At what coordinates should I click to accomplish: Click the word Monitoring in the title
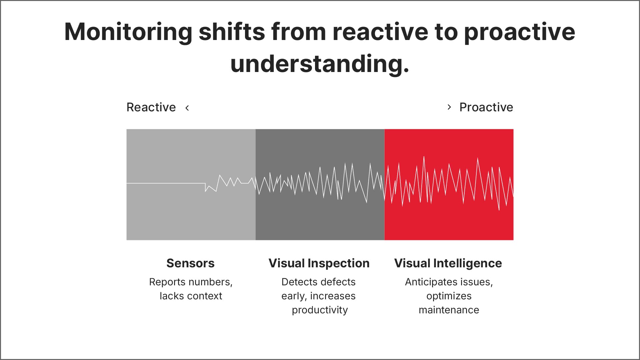128,32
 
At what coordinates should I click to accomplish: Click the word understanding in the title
319,64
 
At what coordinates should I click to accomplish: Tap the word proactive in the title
519,32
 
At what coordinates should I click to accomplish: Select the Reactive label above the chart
151,107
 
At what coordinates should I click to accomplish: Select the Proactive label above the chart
486,107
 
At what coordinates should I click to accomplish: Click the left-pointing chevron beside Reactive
187,108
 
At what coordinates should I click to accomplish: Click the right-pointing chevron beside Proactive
449,107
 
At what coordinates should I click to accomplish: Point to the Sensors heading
190,263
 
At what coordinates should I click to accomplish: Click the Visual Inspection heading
319,263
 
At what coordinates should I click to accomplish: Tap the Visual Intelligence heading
448,263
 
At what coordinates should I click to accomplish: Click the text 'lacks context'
191,296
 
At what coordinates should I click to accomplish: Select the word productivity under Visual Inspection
320,310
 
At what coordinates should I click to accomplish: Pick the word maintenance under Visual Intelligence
449,310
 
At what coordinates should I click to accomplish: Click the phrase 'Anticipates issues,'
449,282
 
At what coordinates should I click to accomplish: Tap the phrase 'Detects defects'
318,282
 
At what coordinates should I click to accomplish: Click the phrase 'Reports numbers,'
191,282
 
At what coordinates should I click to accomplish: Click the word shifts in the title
232,32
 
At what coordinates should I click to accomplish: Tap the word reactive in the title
380,32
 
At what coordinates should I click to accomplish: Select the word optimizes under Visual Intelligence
449,296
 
